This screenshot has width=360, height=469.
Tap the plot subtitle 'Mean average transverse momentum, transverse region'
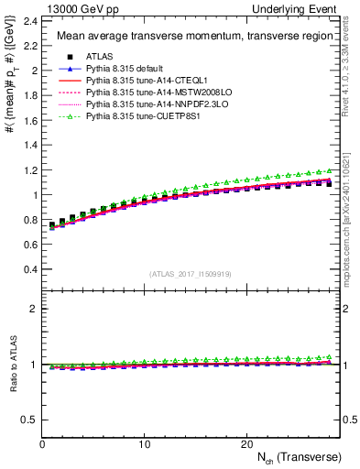coord(190,37)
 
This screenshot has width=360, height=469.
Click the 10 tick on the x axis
coord(144,443)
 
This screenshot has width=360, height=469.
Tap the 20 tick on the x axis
coord(245,443)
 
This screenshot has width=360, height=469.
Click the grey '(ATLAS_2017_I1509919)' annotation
coord(191,273)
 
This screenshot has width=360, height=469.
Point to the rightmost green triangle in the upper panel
coord(330,170)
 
